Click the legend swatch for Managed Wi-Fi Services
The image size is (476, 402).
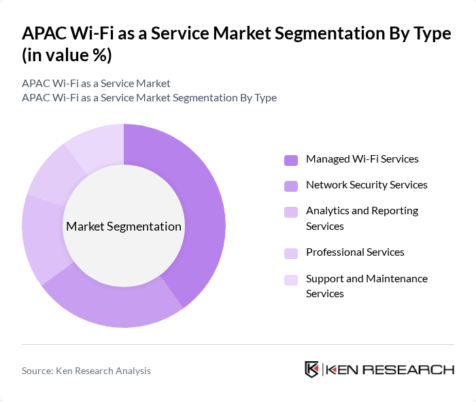pyautogui.click(x=291, y=160)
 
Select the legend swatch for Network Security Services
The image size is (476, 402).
pyautogui.click(x=291, y=186)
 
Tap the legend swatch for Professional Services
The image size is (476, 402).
pyautogui.click(x=291, y=253)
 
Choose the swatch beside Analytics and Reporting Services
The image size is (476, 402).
pyautogui.click(x=291, y=212)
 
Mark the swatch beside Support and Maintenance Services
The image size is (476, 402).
pyautogui.click(x=291, y=280)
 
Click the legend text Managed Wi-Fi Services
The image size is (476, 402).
pyautogui.click(x=362, y=159)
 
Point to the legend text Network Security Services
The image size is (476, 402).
pyautogui.click(x=367, y=185)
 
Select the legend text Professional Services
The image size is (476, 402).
pyautogui.click(x=355, y=252)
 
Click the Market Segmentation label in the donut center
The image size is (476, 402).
pyautogui.click(x=124, y=227)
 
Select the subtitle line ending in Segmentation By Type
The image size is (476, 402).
pyautogui.click(x=149, y=97)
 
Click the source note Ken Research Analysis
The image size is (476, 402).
pyautogui.click(x=86, y=371)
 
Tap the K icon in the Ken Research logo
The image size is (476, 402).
pyautogui.click(x=311, y=369)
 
